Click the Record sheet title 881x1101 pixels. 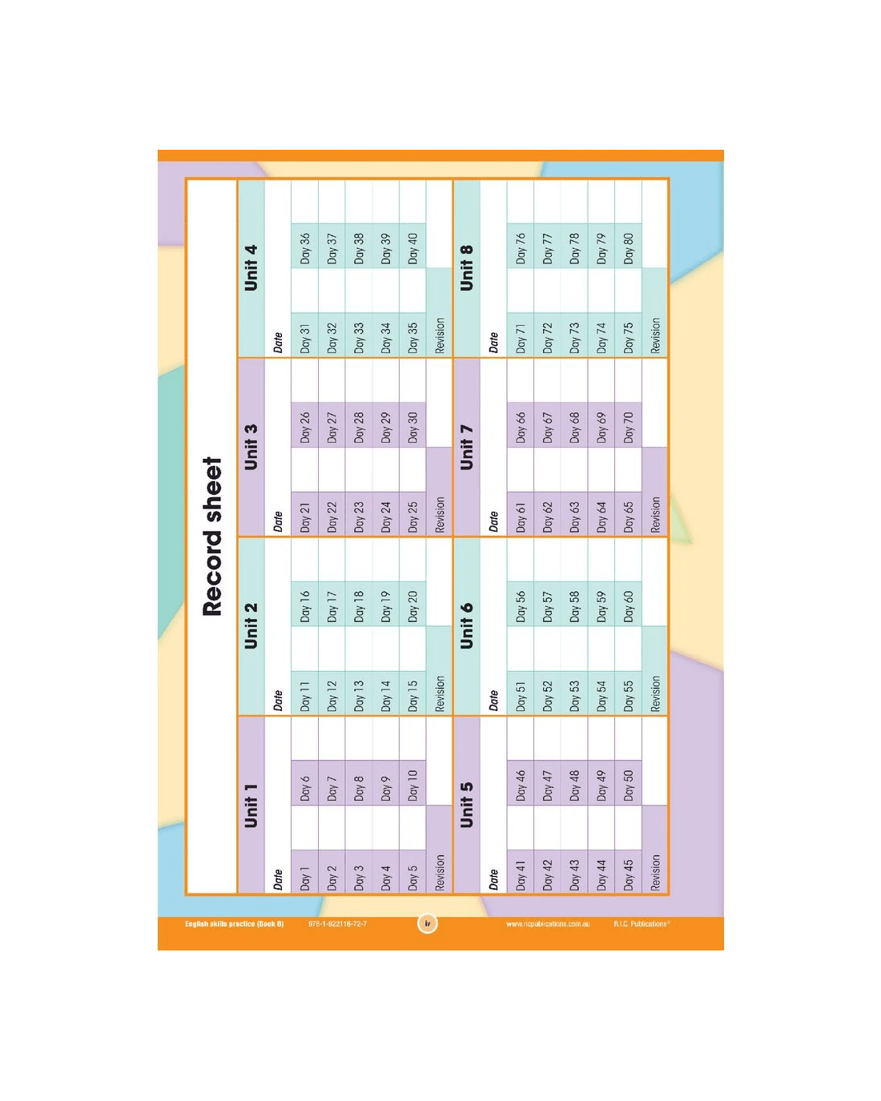click(x=212, y=536)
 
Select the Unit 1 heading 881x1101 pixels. click(x=251, y=805)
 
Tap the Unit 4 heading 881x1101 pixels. click(x=251, y=267)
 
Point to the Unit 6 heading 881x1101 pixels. click(x=466, y=625)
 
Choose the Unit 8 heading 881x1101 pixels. click(x=466, y=267)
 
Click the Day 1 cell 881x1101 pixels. click(x=305, y=872)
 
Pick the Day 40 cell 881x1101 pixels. click(x=412, y=246)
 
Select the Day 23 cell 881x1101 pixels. click(x=359, y=514)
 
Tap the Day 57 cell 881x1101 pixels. click(x=548, y=604)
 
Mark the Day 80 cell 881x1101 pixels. click(x=629, y=246)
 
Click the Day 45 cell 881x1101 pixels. click(x=629, y=872)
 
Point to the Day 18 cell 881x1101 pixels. click(x=359, y=604)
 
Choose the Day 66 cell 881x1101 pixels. click(x=521, y=424)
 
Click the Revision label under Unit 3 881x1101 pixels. click(x=440, y=514)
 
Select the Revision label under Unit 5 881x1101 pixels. click(x=655, y=872)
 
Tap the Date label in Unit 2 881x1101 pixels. click(x=278, y=701)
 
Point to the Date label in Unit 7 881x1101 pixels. click(x=493, y=522)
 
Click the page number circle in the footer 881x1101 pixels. click(x=428, y=924)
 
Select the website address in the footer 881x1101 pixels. click(x=548, y=924)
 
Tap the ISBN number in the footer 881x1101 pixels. click(x=338, y=924)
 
